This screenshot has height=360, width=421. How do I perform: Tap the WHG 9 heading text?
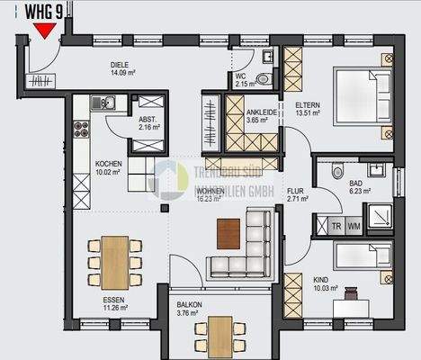(x=44, y=13)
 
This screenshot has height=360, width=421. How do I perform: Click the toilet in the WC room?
(x=264, y=79)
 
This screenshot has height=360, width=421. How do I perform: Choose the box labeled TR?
(x=336, y=227)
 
